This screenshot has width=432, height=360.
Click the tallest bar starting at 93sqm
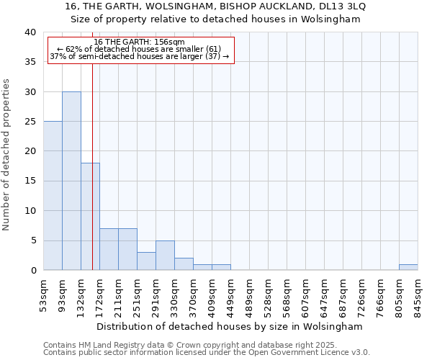(x=71, y=181)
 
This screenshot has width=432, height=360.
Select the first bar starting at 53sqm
(x=53, y=196)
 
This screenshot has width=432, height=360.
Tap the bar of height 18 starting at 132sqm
(x=90, y=216)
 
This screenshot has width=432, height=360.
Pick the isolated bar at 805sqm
(x=408, y=267)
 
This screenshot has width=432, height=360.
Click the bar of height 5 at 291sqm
(x=165, y=255)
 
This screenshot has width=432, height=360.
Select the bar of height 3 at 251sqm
(x=146, y=261)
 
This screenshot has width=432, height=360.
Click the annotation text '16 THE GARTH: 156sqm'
(x=140, y=42)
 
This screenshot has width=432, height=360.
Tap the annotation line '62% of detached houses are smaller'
(x=140, y=49)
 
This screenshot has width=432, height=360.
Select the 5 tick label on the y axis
(x=33, y=240)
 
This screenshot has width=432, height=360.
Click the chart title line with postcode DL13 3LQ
(x=215, y=6)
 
